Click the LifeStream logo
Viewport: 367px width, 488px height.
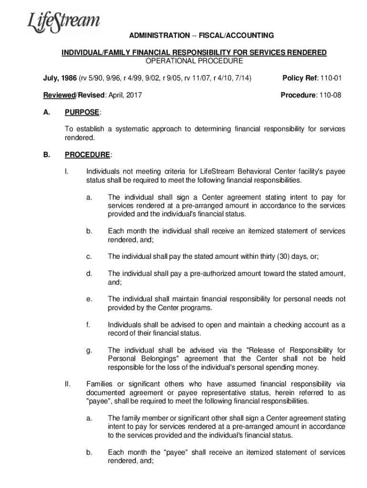(x=63, y=22)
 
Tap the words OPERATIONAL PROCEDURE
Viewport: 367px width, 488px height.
(x=194, y=61)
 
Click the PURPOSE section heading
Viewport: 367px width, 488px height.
(x=82, y=112)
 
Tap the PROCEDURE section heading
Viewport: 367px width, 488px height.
(x=87, y=154)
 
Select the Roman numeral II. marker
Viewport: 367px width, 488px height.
(x=67, y=384)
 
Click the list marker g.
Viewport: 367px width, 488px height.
(x=89, y=350)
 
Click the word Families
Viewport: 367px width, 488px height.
(x=99, y=384)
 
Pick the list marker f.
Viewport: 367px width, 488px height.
(x=89, y=325)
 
